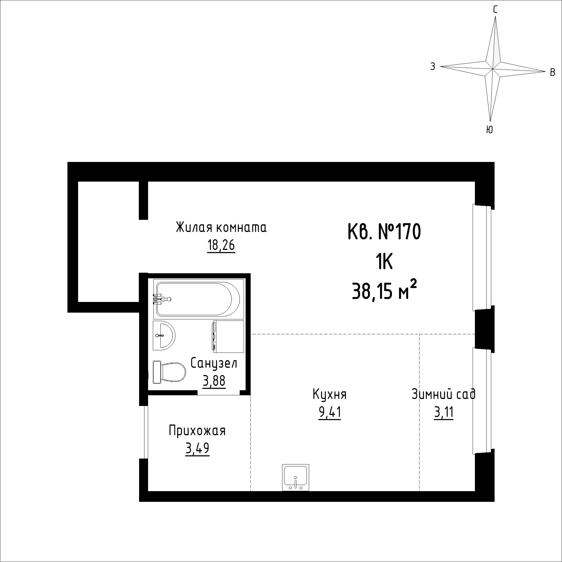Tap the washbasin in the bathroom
pyautogui.click(x=164, y=336)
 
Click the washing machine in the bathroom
pyautogui.click(x=228, y=337)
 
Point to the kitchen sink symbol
pyautogui.click(x=296, y=477)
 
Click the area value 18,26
pyautogui.click(x=221, y=246)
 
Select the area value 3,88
pyautogui.click(x=214, y=381)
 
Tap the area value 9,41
pyautogui.click(x=330, y=412)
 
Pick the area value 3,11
pyautogui.click(x=444, y=412)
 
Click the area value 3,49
pyautogui.click(x=197, y=449)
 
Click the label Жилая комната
pyautogui.click(x=221, y=227)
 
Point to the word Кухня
pyautogui.click(x=330, y=395)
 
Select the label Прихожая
pyautogui.click(x=197, y=431)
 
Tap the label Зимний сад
pyautogui.click(x=444, y=394)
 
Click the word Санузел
pyautogui.click(x=214, y=363)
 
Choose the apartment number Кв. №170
pyautogui.click(x=384, y=232)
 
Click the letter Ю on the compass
pyautogui.click(x=490, y=130)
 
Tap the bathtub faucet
pyautogui.click(x=162, y=299)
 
